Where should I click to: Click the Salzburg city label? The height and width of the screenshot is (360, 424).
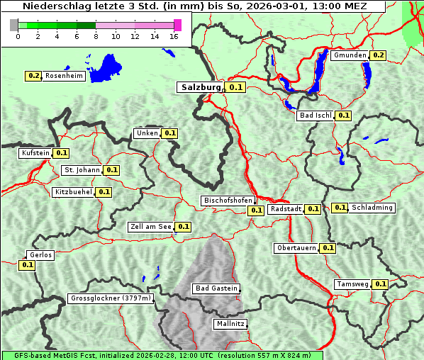[x=201, y=87]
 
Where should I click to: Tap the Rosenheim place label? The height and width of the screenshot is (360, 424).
[x=64, y=76]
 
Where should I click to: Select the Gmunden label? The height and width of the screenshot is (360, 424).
[x=350, y=55]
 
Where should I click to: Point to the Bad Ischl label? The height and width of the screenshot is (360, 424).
[x=315, y=116]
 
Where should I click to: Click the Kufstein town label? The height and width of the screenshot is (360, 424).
[x=35, y=152]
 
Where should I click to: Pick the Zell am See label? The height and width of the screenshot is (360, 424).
[x=151, y=227]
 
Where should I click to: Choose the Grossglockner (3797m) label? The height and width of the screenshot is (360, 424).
[x=111, y=298]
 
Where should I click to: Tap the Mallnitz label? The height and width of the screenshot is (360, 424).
[x=230, y=324]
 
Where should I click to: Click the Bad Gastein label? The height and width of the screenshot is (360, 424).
[x=216, y=288]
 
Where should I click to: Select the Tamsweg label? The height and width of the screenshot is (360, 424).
[x=352, y=284]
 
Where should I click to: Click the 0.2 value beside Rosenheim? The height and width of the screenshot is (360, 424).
[x=33, y=76]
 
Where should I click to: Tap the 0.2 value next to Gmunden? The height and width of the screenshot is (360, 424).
[x=378, y=55]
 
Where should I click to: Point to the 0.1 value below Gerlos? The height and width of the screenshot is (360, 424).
[x=27, y=265]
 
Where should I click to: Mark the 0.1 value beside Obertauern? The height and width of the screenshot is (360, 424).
[x=328, y=248]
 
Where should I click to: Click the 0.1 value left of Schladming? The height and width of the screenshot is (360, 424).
[x=340, y=208]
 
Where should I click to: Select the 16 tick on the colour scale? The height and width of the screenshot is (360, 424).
[x=174, y=36]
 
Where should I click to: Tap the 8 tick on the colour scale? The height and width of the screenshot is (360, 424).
[x=96, y=36]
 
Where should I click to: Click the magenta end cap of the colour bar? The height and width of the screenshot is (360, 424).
[x=177, y=25]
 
